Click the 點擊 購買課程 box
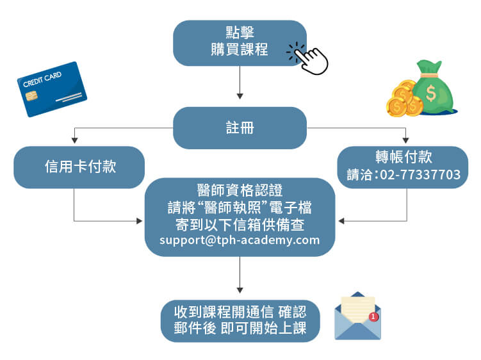click(x=239, y=43)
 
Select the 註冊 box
click(x=240, y=127)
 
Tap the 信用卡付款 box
click(x=79, y=167)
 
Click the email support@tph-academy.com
click(x=240, y=241)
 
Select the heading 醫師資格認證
click(x=240, y=190)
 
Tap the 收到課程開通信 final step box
click(x=240, y=321)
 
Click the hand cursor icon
click(x=310, y=59)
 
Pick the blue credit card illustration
click(x=52, y=88)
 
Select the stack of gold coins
click(x=402, y=99)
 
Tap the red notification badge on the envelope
click(x=373, y=316)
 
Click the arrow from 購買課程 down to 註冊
click(x=240, y=82)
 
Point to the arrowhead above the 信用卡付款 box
click(x=74, y=139)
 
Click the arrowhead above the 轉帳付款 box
click(x=405, y=139)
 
